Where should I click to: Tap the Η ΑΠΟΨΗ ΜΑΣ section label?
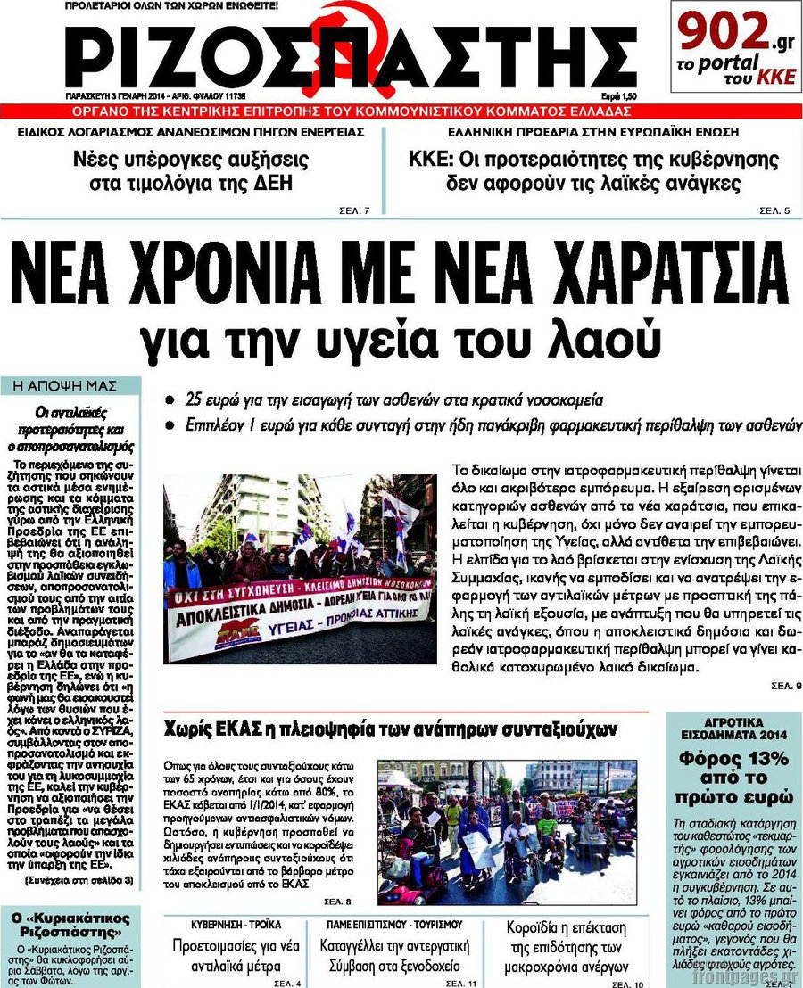coord(70,386)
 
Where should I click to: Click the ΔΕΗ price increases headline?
coord(190,172)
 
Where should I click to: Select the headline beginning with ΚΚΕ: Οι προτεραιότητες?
coord(593,172)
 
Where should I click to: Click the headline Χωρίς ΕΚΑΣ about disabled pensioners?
coord(391,729)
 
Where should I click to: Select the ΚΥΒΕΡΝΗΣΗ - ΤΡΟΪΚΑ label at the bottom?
coord(236,924)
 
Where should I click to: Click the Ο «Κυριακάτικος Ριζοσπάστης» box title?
coord(71,925)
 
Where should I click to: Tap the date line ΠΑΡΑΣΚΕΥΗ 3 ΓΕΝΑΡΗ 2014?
coord(156,95)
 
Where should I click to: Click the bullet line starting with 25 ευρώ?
coord(393,399)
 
